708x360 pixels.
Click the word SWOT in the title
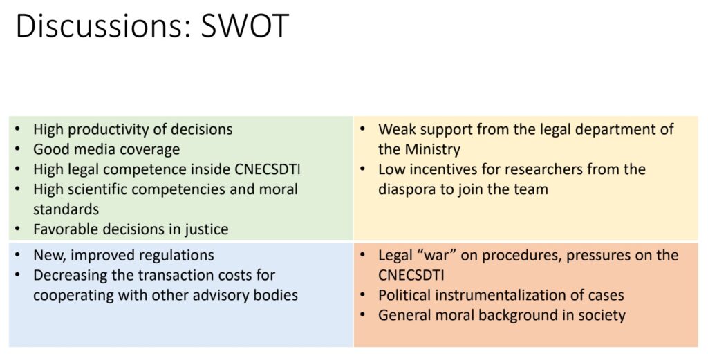click(244, 26)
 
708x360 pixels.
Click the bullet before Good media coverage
click(17, 149)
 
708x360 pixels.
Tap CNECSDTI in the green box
click(268, 169)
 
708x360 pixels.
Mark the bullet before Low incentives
click(362, 169)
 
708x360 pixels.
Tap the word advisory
click(216, 295)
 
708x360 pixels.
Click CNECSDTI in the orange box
click(411, 275)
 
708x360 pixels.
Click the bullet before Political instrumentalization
click(362, 294)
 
